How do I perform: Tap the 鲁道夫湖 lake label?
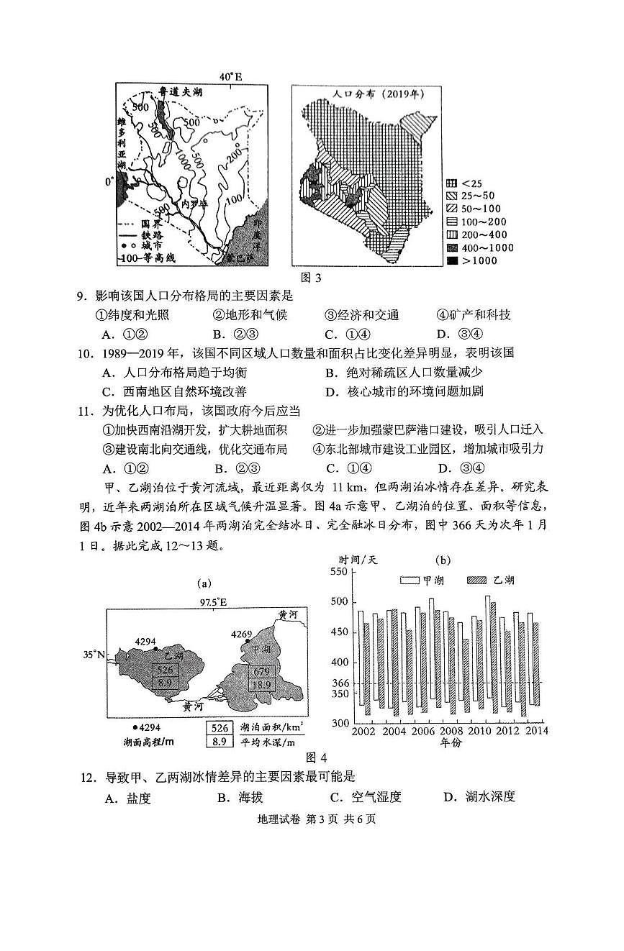179,93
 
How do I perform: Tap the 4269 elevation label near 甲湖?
242,634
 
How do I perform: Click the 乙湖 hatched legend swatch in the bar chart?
478,580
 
